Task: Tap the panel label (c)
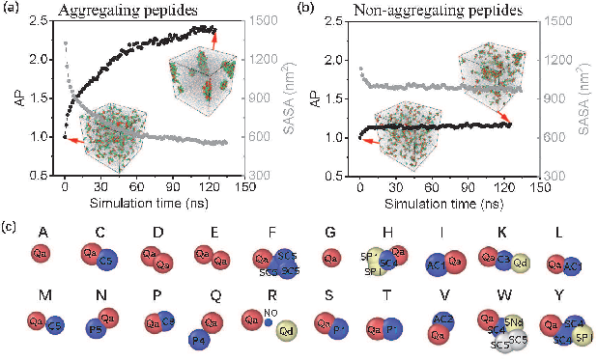click(x=10, y=227)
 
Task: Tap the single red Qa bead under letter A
click(x=41, y=255)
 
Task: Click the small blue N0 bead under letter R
click(x=267, y=322)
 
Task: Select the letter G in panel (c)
click(x=331, y=232)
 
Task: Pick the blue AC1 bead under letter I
click(x=437, y=264)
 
